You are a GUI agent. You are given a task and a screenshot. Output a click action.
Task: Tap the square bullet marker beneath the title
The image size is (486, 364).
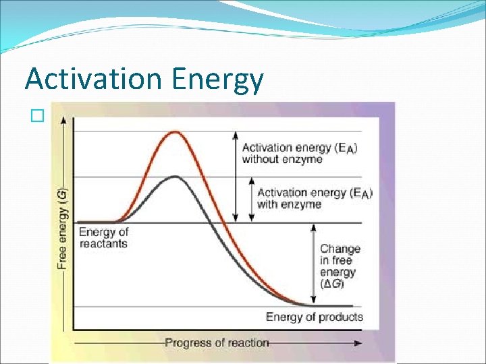36,115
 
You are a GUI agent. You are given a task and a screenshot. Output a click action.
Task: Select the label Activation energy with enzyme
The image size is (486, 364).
314,198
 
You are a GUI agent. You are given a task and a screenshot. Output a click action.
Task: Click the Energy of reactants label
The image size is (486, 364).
103,237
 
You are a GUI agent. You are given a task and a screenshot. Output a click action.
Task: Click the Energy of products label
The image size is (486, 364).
314,317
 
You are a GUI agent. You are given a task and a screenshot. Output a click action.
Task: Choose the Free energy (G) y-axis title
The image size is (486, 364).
62,229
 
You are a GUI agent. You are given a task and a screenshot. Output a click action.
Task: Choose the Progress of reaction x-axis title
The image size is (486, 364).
217,342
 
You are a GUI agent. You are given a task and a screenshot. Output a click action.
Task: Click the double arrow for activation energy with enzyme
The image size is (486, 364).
251,199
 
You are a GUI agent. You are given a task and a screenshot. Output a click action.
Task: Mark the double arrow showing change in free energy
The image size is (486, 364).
313,264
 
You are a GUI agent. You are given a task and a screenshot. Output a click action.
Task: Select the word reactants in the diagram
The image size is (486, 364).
103,243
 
